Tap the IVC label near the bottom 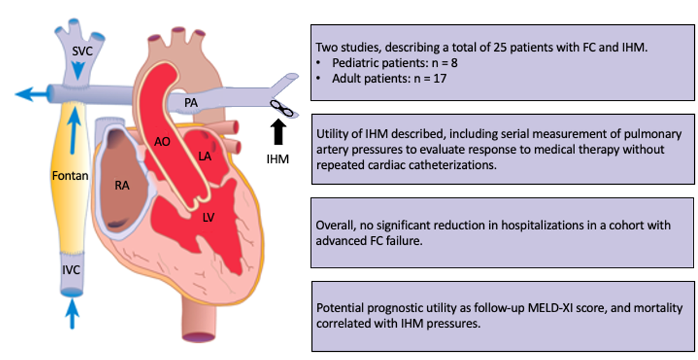click(71, 270)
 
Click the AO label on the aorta click(162, 142)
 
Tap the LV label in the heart click(209, 217)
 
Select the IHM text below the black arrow click(278, 159)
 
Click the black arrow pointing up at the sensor click(278, 133)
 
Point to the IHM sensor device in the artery click(280, 109)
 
